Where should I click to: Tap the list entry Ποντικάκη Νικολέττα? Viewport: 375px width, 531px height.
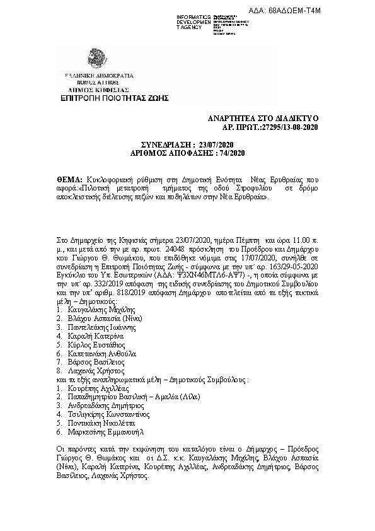point(100,424)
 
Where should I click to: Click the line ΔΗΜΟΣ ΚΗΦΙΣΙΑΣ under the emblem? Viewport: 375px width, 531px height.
point(97,90)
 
